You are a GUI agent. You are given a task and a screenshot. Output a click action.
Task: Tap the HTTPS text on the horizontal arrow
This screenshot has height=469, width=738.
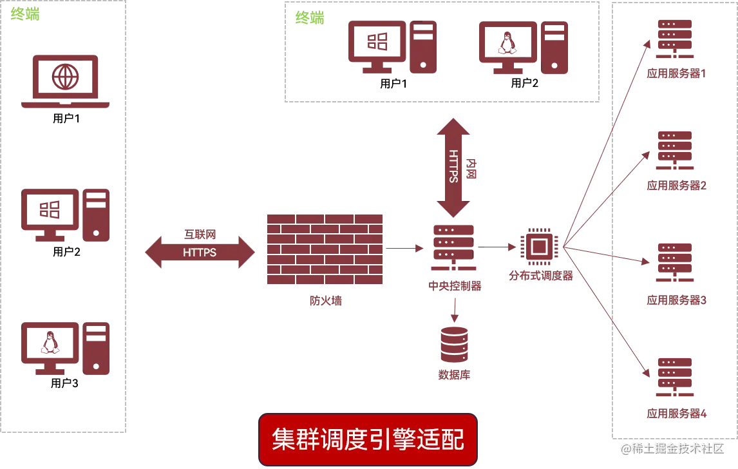point(200,253)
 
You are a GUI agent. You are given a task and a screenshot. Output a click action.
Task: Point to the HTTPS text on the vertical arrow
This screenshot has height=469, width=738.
point(454,166)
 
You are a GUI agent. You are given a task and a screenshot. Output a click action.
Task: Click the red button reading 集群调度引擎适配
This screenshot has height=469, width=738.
point(367,440)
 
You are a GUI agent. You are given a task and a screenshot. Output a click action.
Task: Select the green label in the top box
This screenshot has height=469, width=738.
point(309,18)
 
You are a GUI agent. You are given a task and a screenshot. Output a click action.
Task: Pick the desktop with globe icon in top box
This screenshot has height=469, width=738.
point(392,48)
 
